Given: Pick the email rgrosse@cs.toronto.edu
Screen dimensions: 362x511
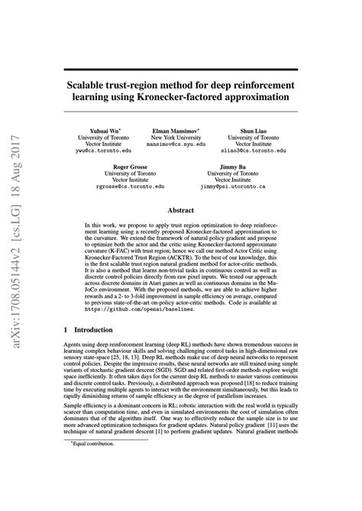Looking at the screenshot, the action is point(131,186).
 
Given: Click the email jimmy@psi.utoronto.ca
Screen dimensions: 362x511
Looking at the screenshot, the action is point(232,186).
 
